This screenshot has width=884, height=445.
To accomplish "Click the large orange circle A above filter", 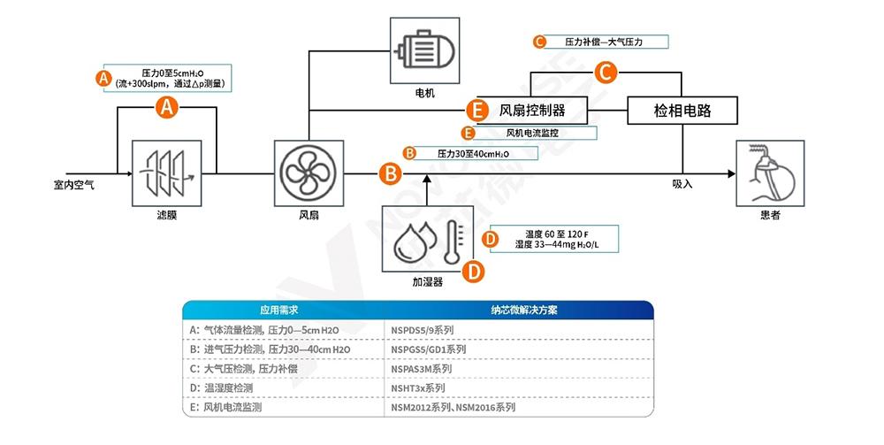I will pyautogui.click(x=167, y=108).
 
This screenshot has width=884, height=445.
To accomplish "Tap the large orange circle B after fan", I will pyautogui.click(x=389, y=173).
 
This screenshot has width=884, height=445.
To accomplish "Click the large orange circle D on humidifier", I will pyautogui.click(x=474, y=271).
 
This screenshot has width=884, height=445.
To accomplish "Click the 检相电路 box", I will pyautogui.click(x=682, y=111).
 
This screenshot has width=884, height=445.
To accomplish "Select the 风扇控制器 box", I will pyautogui.click(x=532, y=111).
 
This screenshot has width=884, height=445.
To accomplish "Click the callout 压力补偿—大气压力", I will pyautogui.click(x=601, y=42).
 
